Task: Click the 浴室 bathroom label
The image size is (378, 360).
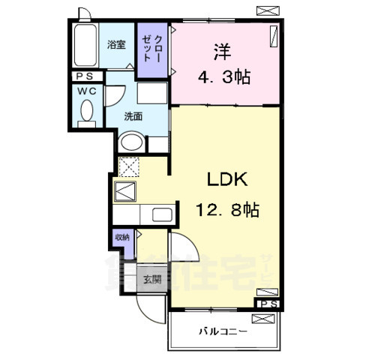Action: click(x=115, y=43)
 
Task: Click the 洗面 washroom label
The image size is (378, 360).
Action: click(x=133, y=115)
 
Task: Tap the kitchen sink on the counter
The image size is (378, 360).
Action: click(x=162, y=214)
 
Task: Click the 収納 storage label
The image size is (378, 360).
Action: click(x=121, y=237)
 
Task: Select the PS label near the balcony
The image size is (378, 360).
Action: click(x=268, y=304)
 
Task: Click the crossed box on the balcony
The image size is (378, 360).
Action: click(x=264, y=318)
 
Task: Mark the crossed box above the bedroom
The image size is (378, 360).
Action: click(x=265, y=10)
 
